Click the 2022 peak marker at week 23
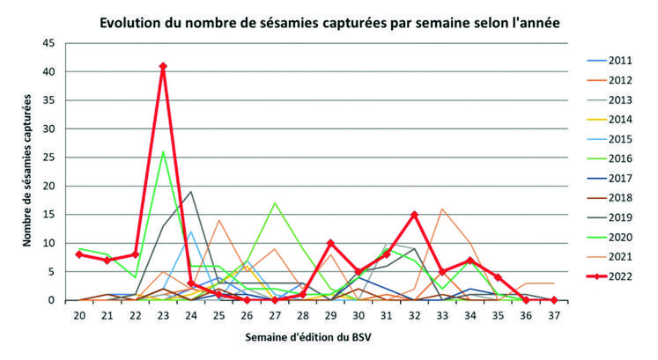163,66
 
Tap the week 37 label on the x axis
553,314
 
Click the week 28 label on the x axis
301,314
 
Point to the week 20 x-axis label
79,314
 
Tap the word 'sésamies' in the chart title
311,19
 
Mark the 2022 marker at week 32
414,215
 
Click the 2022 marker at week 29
330,243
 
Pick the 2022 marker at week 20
79,254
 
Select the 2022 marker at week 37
553,300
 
